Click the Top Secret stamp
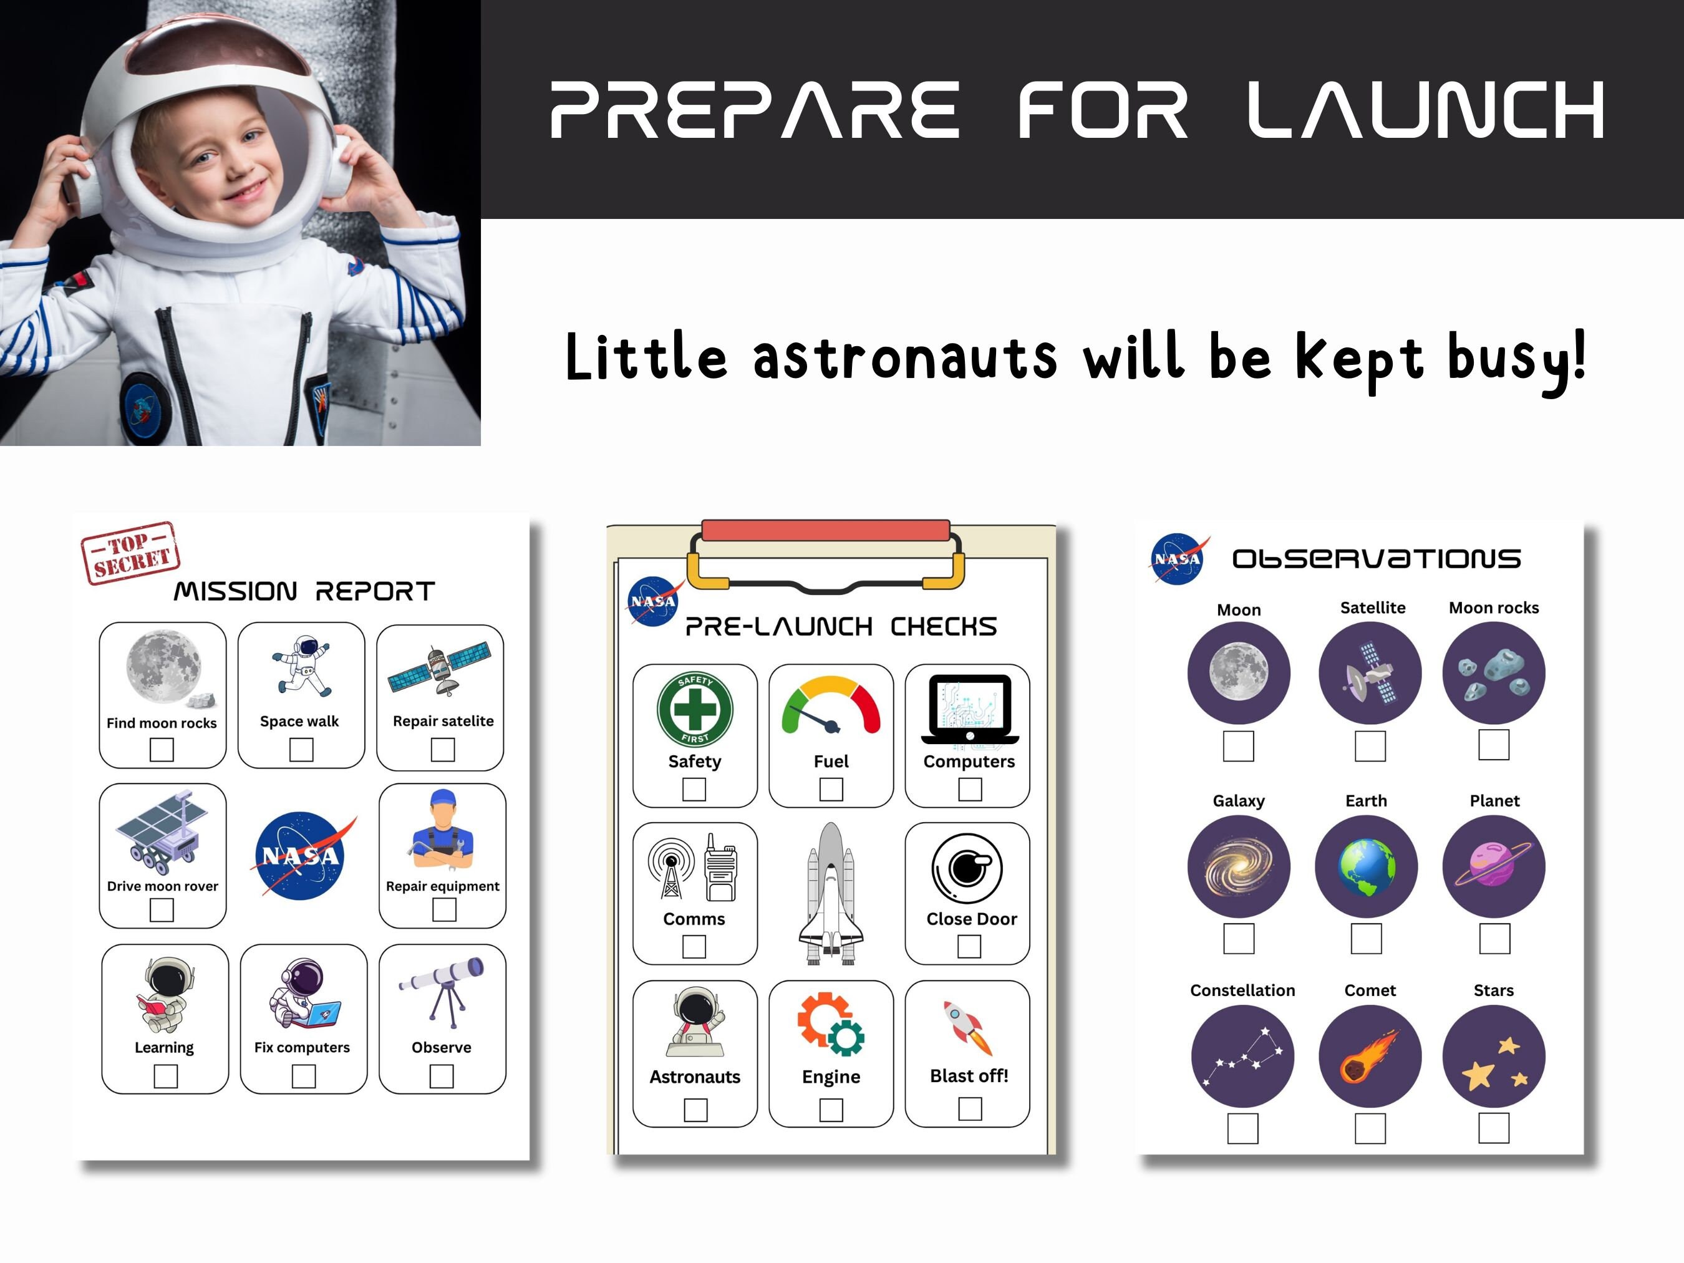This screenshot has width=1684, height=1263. click(x=130, y=553)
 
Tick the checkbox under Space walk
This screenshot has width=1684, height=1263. click(x=301, y=750)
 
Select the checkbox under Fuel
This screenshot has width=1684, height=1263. click(x=831, y=790)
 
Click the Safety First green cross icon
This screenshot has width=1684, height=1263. click(x=694, y=710)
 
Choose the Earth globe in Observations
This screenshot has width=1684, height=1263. click(x=1367, y=866)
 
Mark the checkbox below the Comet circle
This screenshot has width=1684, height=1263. click(x=1370, y=1128)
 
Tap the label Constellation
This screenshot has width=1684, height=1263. click(x=1242, y=990)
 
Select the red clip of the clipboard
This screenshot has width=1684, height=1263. click(x=825, y=531)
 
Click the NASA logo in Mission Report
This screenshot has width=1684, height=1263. click(x=301, y=856)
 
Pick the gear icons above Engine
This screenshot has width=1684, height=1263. click(x=831, y=1023)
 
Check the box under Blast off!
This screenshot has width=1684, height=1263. click(x=969, y=1108)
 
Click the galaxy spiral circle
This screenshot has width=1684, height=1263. click(x=1239, y=866)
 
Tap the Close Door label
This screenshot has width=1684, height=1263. click(x=972, y=919)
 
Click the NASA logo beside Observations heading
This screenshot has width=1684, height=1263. click(x=1178, y=559)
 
